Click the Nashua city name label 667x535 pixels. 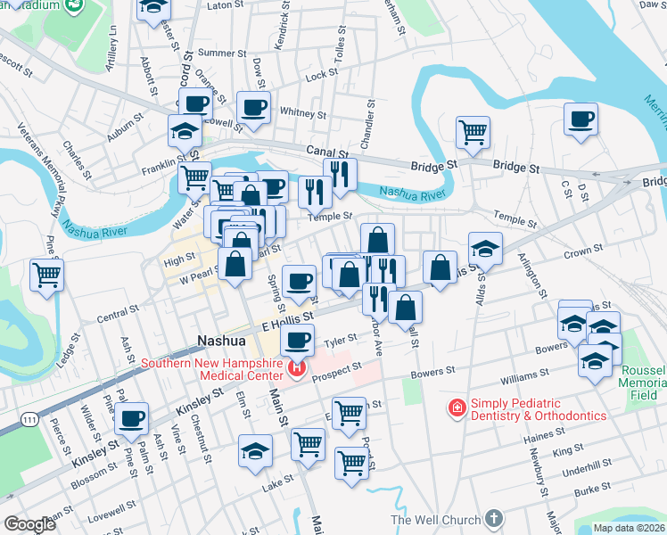220,341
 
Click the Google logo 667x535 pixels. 29,524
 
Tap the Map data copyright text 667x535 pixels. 629,528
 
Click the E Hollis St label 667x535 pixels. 287,318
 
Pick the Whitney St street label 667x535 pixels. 303,113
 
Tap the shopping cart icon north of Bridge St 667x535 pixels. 473,132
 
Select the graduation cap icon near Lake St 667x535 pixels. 255,451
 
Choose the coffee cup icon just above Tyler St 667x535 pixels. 298,339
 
